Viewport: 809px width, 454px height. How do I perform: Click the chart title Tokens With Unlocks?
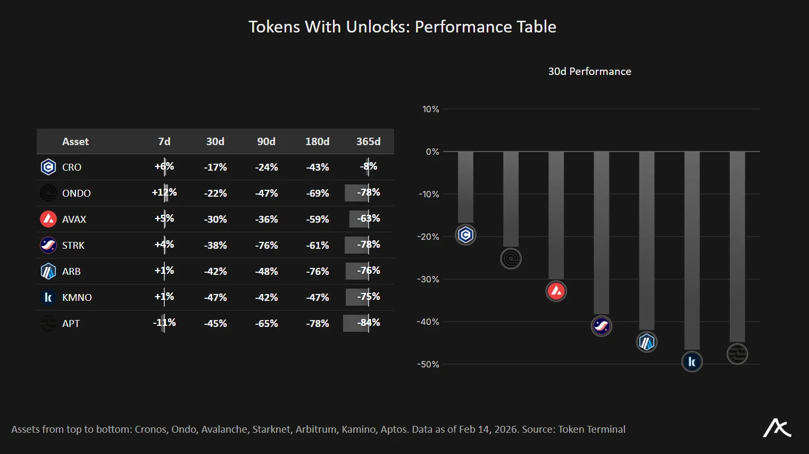click(402, 27)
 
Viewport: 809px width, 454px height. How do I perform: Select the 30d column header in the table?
click(215, 141)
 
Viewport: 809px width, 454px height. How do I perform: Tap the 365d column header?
click(368, 141)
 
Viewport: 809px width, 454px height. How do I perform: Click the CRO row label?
click(71, 167)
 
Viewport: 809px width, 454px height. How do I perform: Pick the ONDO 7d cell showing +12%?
click(164, 192)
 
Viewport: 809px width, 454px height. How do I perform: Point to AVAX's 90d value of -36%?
click(266, 219)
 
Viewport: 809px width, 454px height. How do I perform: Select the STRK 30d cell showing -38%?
click(215, 245)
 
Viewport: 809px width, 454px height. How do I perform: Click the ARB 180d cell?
click(317, 271)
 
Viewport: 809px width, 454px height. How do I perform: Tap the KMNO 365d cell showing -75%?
click(368, 297)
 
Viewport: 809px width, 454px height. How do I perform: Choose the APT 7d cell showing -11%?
click(164, 323)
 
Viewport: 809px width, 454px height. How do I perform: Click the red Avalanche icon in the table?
click(48, 219)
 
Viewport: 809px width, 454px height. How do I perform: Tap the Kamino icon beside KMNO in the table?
click(48, 297)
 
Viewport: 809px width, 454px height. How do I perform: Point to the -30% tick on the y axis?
click(429, 279)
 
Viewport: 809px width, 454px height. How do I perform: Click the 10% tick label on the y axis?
click(430, 109)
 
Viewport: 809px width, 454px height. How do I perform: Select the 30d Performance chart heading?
click(589, 71)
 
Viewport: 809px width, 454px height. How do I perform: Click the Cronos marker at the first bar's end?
click(465, 234)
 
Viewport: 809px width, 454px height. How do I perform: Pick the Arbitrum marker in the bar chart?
click(646, 342)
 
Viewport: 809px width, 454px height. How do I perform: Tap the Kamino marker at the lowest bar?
click(691, 362)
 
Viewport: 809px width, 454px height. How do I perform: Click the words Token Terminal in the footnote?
click(591, 430)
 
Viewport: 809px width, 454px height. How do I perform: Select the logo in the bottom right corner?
click(777, 428)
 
